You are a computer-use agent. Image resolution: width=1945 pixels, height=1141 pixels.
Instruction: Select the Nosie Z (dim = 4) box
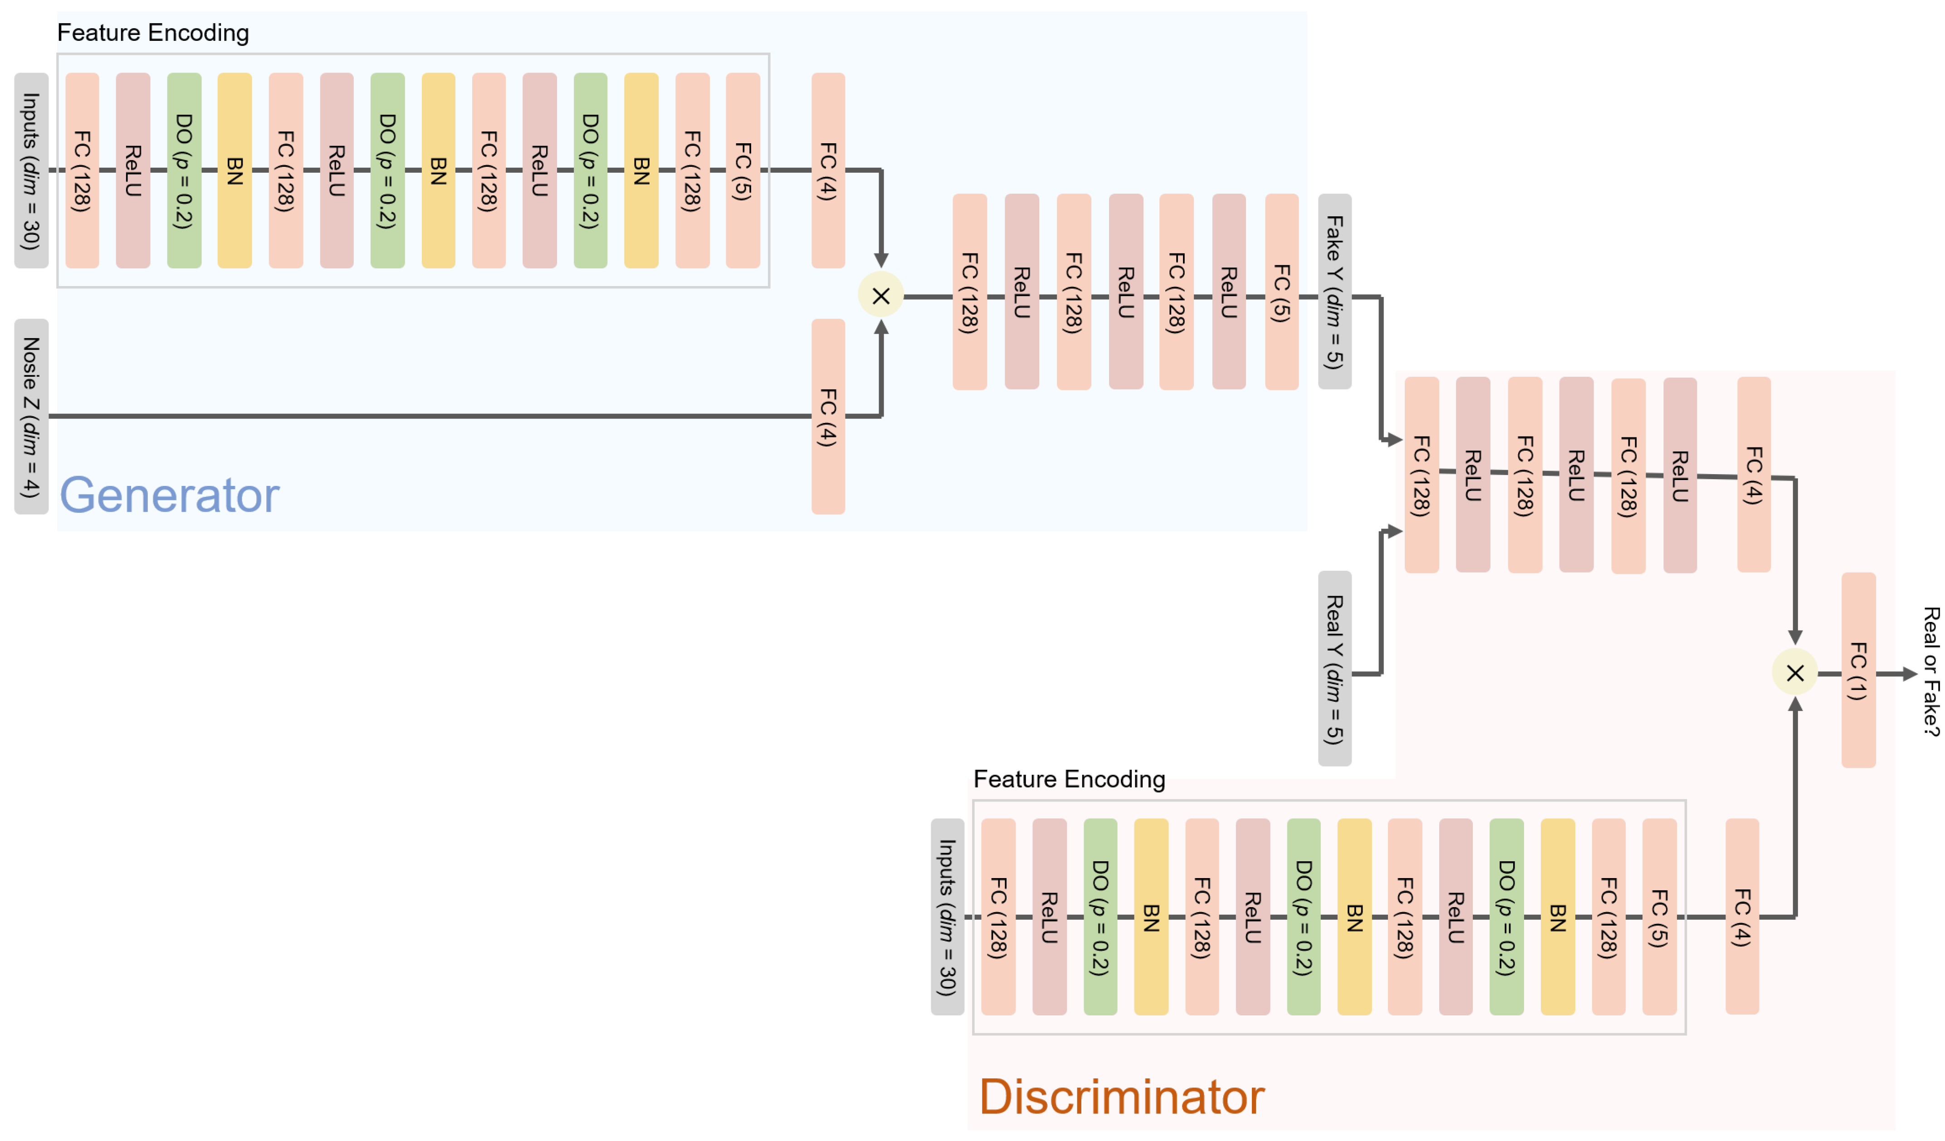31,417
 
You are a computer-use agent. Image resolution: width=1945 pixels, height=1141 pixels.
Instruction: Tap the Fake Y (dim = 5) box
1334,291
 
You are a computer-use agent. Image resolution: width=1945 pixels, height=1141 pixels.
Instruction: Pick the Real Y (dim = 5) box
1334,668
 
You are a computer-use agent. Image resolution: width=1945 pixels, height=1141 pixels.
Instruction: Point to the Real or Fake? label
1930,671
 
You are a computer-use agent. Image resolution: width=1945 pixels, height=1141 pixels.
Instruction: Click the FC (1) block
1858,670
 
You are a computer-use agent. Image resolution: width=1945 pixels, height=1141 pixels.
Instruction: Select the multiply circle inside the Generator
881,296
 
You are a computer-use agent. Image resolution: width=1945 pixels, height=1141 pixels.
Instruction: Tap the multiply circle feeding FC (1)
1794,673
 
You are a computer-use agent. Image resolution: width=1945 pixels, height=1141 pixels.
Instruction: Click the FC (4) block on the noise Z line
828,417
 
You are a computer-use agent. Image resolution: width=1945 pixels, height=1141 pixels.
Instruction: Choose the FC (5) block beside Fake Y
1281,291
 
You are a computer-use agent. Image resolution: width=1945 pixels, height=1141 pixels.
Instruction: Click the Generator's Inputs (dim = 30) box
31,170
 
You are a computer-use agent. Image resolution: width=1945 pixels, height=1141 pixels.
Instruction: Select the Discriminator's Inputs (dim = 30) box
947,917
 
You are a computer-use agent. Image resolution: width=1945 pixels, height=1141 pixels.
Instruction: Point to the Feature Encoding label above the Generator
153,32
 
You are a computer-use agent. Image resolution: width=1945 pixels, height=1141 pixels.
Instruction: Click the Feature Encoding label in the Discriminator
1069,779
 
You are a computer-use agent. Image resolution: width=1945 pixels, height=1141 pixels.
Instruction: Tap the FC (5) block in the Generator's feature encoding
743,170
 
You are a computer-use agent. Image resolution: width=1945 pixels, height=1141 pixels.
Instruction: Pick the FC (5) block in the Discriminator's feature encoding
1659,917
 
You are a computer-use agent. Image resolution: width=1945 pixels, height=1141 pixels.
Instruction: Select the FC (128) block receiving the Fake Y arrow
1421,475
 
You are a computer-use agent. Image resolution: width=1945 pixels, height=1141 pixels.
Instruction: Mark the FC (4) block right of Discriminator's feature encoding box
1742,917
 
